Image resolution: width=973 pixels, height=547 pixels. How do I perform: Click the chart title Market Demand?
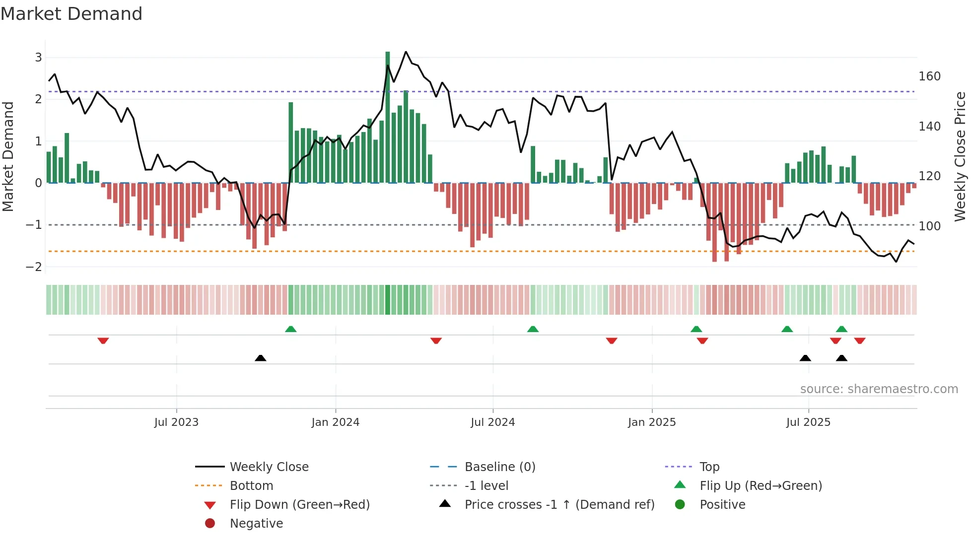coord(71,14)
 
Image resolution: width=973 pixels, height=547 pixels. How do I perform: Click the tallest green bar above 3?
coord(388,117)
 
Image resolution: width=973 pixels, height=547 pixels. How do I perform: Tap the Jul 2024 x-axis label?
coord(492,422)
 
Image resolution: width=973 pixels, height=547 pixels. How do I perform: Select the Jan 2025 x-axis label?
coord(651,422)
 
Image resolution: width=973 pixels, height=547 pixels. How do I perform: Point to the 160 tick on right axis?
coord(929,76)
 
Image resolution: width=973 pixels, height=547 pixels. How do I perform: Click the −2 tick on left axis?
coord(34,267)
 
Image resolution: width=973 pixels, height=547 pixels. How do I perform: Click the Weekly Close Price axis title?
coord(960,156)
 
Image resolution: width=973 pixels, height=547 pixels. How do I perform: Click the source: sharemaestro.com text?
coord(879,389)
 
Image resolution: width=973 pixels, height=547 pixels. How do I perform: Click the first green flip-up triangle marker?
coord(291,329)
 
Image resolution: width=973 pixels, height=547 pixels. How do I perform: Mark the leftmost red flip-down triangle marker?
coord(103,341)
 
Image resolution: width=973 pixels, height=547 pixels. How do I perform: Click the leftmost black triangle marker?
coord(260,358)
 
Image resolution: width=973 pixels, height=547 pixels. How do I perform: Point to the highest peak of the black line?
coord(406,52)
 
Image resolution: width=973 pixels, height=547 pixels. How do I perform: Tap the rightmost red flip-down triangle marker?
coord(860,341)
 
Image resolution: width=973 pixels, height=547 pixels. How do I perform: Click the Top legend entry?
coord(709,467)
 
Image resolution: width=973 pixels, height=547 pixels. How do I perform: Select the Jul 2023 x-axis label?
coord(176,422)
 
